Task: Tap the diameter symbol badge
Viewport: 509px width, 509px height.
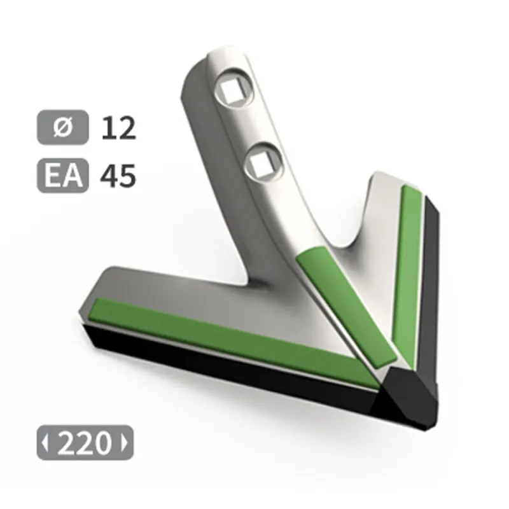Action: (x=62, y=127)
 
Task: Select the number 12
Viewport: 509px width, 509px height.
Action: (x=118, y=129)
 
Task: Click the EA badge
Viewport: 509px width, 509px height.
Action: (x=62, y=176)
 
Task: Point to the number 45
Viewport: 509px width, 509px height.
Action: (x=118, y=176)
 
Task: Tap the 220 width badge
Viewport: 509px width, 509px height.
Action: (x=85, y=442)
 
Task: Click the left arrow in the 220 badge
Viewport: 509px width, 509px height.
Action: (x=45, y=442)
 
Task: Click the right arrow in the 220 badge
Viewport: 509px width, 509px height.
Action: (x=124, y=442)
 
